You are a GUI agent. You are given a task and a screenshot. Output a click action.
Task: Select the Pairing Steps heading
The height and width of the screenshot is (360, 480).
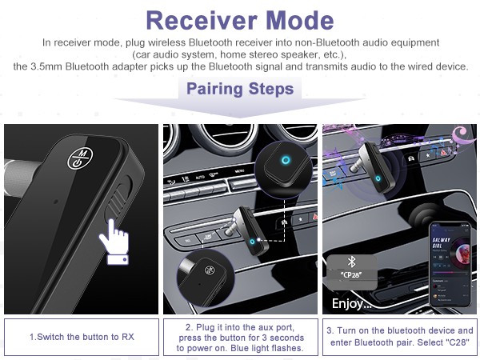coord(239,89)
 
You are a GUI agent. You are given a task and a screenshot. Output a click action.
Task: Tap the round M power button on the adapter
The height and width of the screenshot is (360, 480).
coord(80,157)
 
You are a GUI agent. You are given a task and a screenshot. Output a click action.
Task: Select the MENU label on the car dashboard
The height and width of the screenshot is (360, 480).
coord(239,171)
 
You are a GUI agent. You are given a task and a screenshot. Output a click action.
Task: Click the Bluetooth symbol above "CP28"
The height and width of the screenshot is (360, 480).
coord(349,262)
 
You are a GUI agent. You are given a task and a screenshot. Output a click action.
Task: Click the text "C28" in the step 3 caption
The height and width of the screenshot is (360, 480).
coord(457,343)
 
